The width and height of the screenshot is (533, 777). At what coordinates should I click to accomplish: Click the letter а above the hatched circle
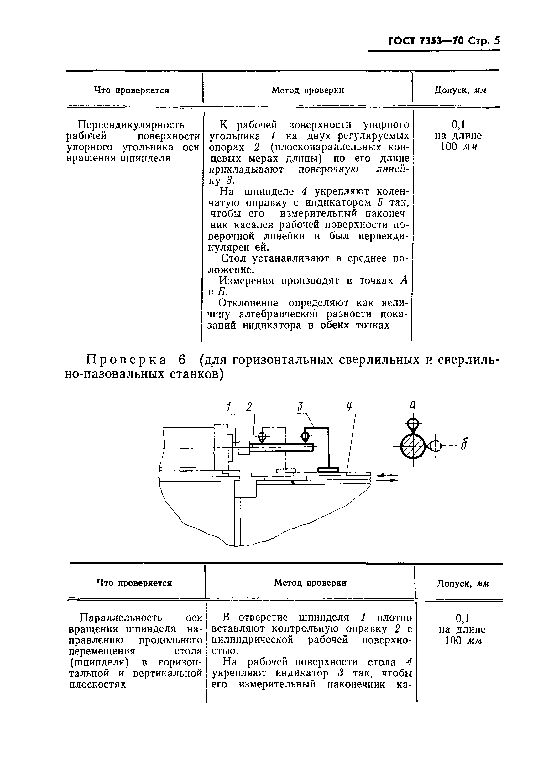[413, 405]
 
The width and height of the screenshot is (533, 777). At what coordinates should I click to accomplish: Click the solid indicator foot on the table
[328, 470]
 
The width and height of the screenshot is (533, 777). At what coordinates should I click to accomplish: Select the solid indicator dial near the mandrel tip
[305, 436]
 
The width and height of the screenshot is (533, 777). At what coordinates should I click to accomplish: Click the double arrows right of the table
[387, 478]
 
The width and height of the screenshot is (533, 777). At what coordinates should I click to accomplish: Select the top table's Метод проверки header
[307, 90]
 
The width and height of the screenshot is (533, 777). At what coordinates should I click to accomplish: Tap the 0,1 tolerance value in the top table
[458, 125]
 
